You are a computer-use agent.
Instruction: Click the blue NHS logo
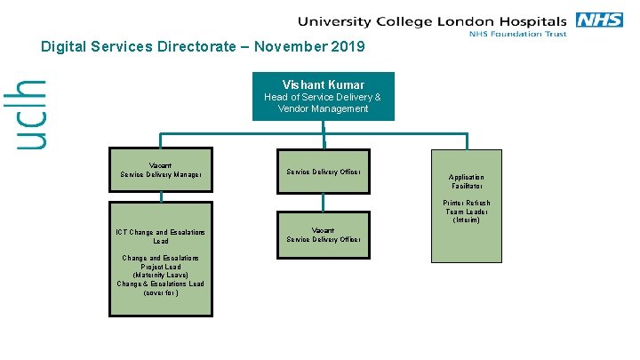(x=600, y=20)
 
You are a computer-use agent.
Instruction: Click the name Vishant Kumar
(x=323, y=85)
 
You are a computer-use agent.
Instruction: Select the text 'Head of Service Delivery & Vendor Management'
(x=323, y=103)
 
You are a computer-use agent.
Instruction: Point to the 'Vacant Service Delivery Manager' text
(x=161, y=170)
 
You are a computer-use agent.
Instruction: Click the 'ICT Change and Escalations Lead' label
(x=161, y=236)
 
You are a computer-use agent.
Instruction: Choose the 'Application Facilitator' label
(x=467, y=182)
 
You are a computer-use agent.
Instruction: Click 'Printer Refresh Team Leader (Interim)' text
(x=467, y=212)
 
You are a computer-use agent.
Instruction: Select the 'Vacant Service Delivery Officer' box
(x=323, y=235)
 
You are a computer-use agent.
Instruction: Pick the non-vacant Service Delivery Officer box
(x=323, y=172)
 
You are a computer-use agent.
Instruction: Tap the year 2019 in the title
(x=348, y=46)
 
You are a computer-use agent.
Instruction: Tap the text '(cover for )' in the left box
(x=161, y=292)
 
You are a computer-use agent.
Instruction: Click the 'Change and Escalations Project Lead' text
(x=161, y=262)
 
